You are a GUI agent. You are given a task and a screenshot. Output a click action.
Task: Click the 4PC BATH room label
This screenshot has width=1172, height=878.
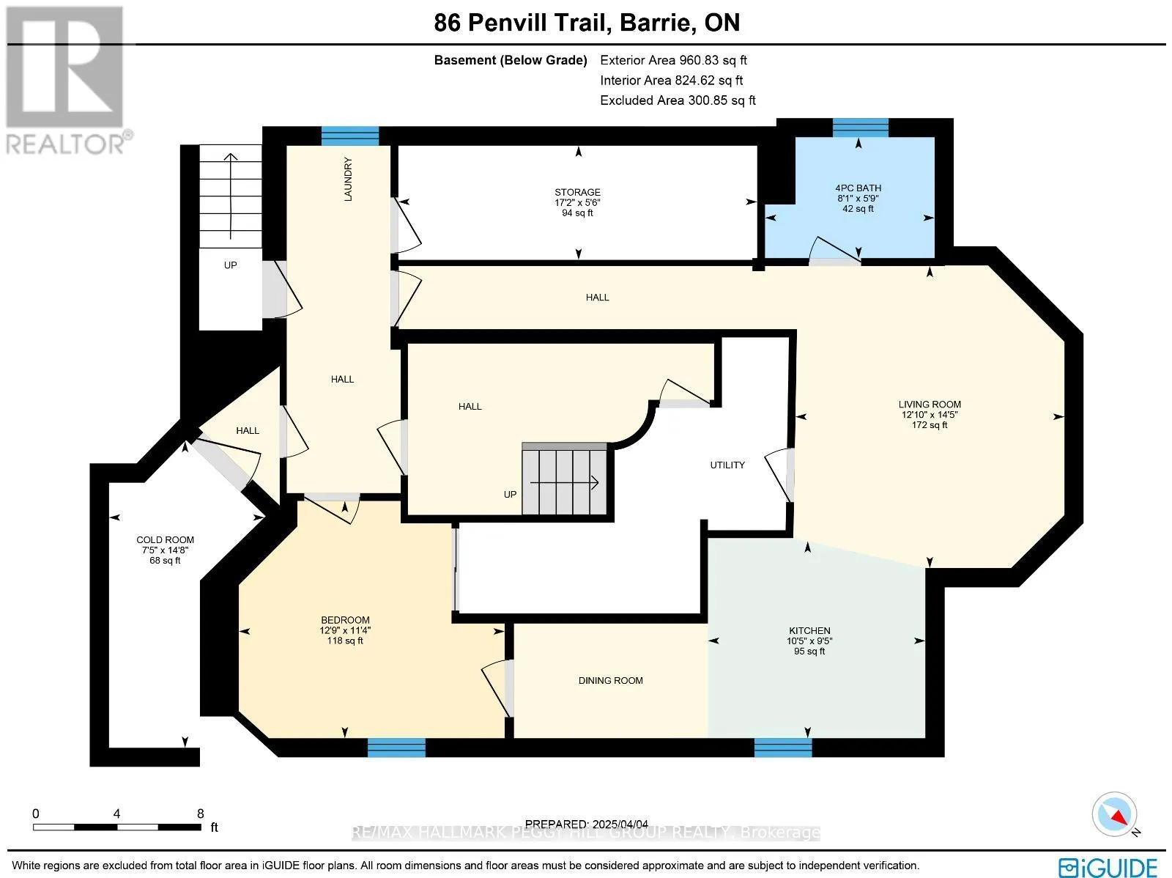pyautogui.click(x=858, y=188)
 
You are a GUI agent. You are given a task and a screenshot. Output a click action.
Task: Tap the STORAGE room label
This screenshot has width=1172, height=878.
pyautogui.click(x=577, y=192)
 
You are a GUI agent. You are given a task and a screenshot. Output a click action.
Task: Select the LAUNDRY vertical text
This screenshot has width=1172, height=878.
pyautogui.click(x=349, y=180)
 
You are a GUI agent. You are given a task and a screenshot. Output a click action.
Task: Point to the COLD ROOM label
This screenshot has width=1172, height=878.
pyautogui.click(x=165, y=539)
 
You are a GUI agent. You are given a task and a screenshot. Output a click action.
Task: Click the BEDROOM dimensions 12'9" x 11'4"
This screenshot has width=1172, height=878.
pyautogui.click(x=345, y=630)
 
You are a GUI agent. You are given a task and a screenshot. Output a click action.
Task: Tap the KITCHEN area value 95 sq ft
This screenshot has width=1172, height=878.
pyautogui.click(x=809, y=652)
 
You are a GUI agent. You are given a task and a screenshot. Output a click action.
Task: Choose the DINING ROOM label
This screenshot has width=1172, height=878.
pyautogui.click(x=610, y=681)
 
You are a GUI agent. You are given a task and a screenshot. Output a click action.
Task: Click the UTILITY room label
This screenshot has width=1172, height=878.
pyautogui.click(x=727, y=465)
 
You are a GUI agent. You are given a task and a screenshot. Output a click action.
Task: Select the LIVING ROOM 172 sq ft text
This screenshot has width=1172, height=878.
pyautogui.click(x=930, y=425)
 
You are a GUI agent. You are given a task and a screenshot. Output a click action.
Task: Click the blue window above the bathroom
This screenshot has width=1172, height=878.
pyautogui.click(x=860, y=128)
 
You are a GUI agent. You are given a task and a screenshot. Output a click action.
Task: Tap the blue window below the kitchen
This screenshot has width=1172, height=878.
pyautogui.click(x=783, y=748)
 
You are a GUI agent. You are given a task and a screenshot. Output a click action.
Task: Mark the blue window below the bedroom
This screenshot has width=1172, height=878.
pyautogui.click(x=396, y=748)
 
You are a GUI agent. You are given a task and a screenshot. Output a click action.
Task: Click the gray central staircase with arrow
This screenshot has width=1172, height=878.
pyautogui.click(x=565, y=480)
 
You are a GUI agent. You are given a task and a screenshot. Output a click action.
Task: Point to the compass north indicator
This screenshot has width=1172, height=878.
pyautogui.click(x=1116, y=814)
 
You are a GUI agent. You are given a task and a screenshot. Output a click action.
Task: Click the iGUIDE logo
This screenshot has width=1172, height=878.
pyautogui.click(x=1108, y=867)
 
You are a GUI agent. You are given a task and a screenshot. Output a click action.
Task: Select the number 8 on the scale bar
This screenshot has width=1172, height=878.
pyautogui.click(x=201, y=814)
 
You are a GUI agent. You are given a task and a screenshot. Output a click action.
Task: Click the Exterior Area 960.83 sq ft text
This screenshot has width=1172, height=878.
pyautogui.click(x=673, y=60)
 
